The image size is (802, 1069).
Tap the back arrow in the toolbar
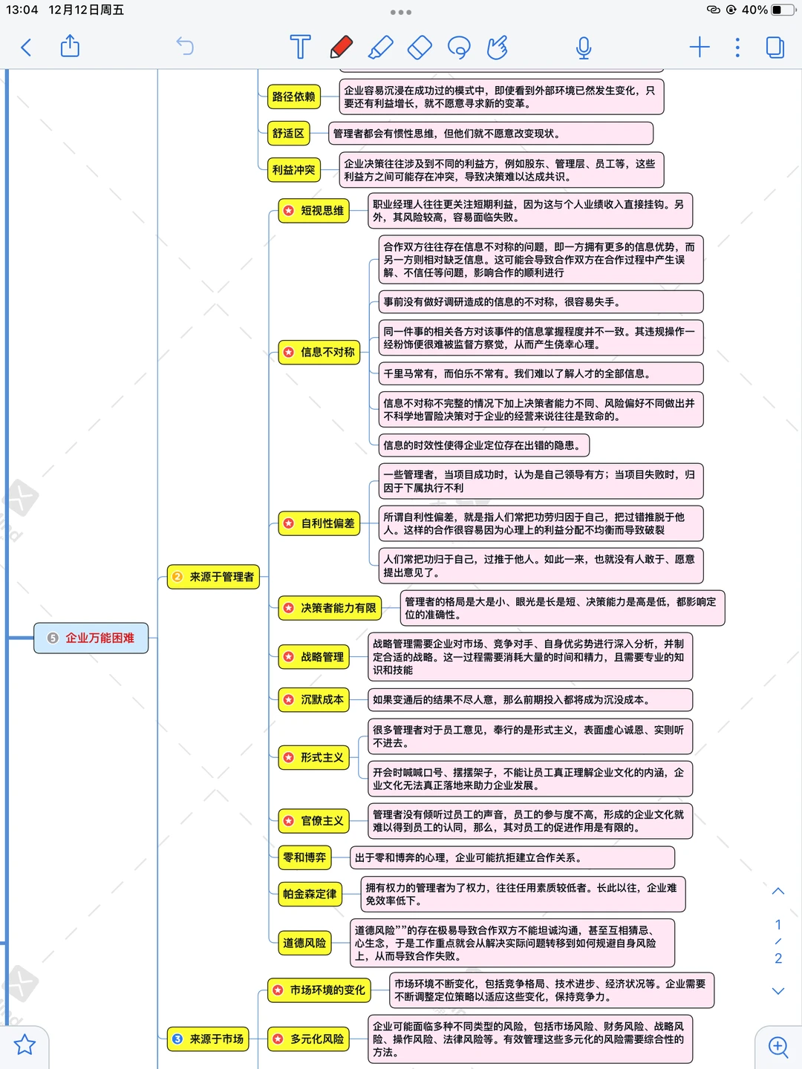(26, 48)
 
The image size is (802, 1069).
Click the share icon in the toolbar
(70, 46)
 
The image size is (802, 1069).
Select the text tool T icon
(300, 47)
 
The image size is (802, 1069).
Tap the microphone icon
(584, 48)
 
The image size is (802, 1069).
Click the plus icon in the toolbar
(700, 48)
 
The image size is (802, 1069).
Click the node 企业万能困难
(91, 638)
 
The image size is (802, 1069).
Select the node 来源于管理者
(214, 577)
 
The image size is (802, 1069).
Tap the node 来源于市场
(209, 1039)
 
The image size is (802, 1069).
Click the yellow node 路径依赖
(293, 97)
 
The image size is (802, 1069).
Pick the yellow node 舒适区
(288, 134)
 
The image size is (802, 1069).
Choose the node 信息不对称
(319, 352)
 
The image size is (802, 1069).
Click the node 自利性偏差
(319, 523)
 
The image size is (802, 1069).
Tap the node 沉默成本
(314, 699)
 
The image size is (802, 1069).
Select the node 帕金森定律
(309, 894)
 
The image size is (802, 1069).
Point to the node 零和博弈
(304, 857)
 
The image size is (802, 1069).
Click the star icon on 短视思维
(288, 211)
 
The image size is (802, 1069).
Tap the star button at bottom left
(25, 1045)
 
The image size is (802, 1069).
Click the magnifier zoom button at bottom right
(778, 1047)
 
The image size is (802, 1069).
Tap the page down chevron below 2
(778, 991)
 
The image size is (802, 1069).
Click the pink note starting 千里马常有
(541, 373)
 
